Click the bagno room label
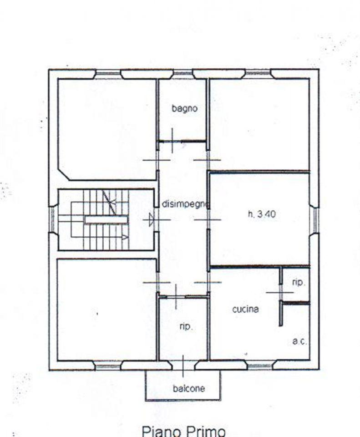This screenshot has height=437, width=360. (184, 108)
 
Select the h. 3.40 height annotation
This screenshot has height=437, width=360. (262, 214)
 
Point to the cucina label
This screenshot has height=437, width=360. (245, 309)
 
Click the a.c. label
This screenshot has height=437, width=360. (299, 341)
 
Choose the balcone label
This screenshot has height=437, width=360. (189, 388)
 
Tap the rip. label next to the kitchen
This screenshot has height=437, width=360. (299, 283)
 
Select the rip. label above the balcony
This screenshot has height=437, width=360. (186, 326)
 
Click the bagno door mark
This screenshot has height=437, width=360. (172, 141)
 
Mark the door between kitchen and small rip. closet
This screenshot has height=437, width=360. (280, 292)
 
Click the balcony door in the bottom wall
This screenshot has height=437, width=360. (183, 366)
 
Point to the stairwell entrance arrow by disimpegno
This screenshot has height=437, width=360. (151, 219)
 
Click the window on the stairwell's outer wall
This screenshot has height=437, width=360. (52, 219)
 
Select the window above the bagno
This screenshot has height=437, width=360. (183, 74)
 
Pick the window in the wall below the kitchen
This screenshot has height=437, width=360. (260, 365)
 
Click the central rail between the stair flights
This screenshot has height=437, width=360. (106, 220)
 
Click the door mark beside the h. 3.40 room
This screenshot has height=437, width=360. (208, 219)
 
